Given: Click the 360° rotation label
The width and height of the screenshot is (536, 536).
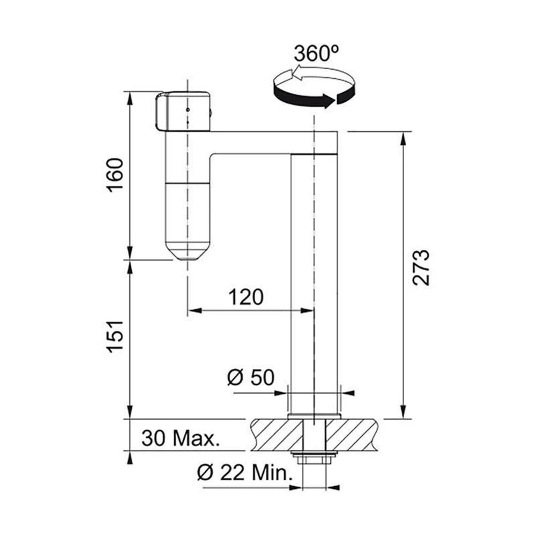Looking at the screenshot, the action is (x=316, y=54).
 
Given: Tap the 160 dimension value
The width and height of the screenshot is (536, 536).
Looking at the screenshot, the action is (x=115, y=175).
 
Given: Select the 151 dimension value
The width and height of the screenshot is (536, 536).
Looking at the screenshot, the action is (x=115, y=337).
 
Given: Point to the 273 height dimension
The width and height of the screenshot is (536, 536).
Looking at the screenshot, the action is (x=420, y=267).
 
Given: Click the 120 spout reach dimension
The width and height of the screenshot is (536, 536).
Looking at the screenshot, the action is (x=246, y=297).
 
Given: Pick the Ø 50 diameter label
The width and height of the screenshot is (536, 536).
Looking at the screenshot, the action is (x=251, y=377).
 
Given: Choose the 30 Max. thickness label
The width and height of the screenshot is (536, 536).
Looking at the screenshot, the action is (x=180, y=438).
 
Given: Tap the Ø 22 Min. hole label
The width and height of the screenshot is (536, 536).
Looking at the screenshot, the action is (x=245, y=473).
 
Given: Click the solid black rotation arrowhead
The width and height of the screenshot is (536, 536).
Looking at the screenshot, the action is (x=328, y=101).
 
